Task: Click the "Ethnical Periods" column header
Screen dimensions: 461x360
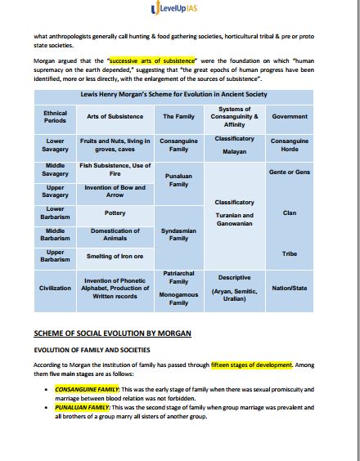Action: pyautogui.click(x=55, y=117)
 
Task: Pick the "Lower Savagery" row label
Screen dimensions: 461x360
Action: pyautogui.click(x=55, y=145)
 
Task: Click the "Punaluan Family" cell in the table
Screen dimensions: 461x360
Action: pyautogui.click(x=178, y=180)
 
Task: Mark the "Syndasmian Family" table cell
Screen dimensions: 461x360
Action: pyautogui.click(x=178, y=235)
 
